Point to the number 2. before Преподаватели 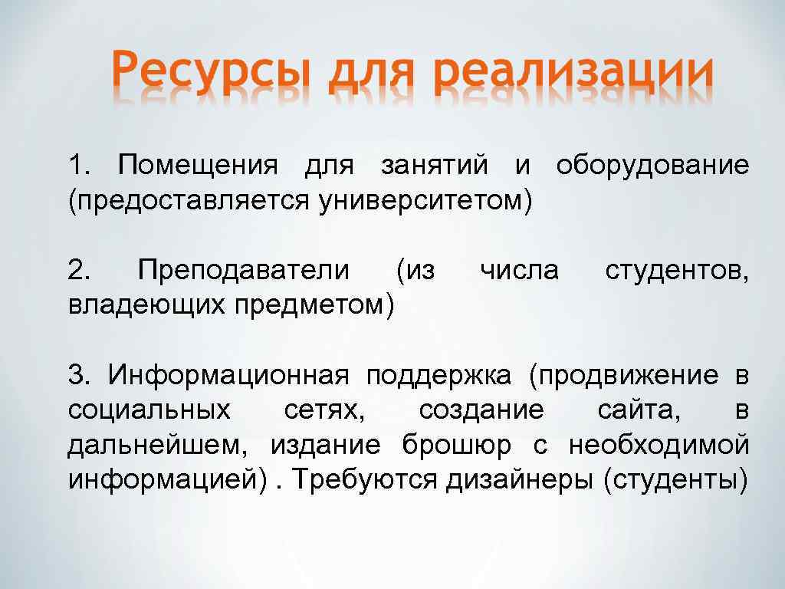pyautogui.click(x=80, y=270)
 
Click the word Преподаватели pyautogui.click(x=243, y=270)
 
